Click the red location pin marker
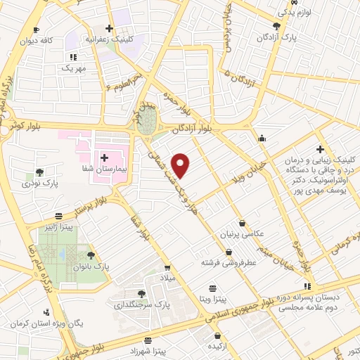pyautogui.click(x=181, y=165)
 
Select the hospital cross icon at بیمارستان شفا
pyautogui.click(x=105, y=157)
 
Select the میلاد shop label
pyautogui.click(x=167, y=278)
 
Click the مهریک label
pyautogui.click(x=72, y=68)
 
